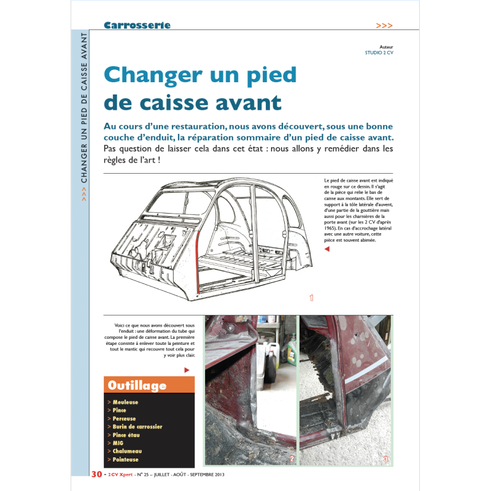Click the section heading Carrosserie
click(x=137, y=25)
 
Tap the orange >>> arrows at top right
click(x=384, y=26)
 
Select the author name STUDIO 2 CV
click(x=379, y=53)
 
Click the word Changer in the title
click(x=152, y=75)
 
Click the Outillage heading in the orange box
click(x=137, y=385)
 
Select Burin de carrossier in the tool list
click(x=137, y=427)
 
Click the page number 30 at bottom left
click(x=96, y=474)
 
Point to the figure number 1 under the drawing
click(x=311, y=298)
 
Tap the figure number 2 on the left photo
click(x=292, y=458)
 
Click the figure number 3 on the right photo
click(x=385, y=458)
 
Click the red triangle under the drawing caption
click(x=327, y=249)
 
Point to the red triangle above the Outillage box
click(x=187, y=370)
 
